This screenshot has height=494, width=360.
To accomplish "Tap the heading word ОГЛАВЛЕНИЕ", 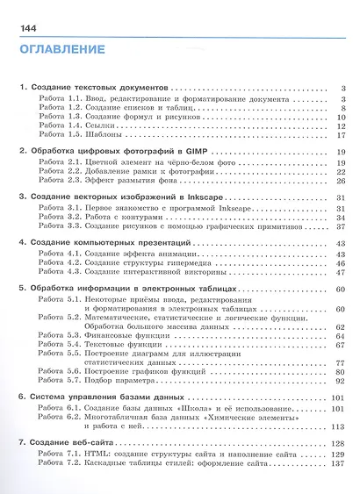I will (60, 52).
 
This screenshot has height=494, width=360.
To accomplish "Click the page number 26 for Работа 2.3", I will (337, 182).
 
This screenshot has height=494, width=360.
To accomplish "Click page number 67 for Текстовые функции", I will (337, 346).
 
